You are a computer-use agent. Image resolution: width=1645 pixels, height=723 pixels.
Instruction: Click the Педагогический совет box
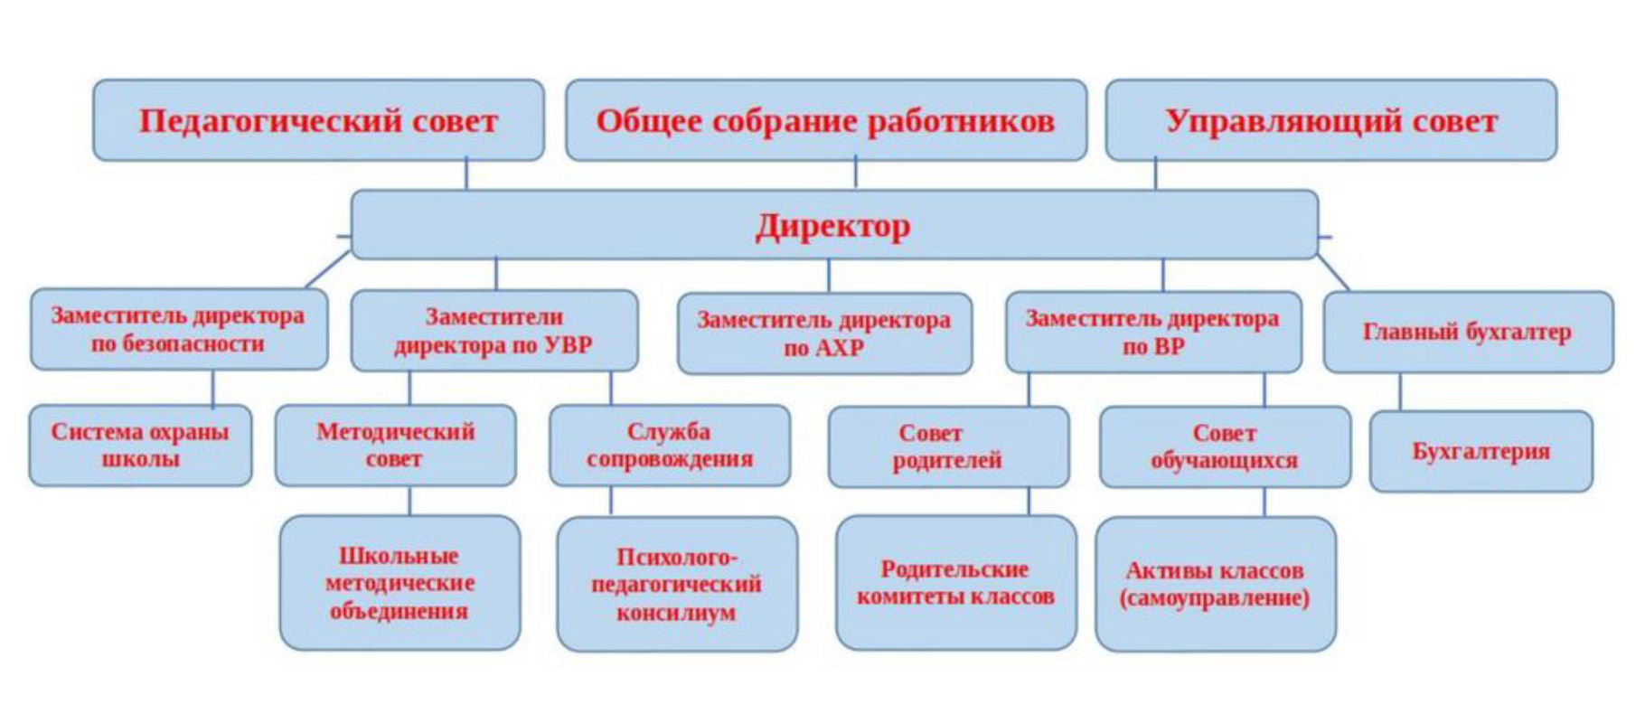coord(318,120)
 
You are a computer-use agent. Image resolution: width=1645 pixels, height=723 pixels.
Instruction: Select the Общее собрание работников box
coord(825,120)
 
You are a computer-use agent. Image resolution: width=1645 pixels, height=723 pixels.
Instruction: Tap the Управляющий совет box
coord(1330,120)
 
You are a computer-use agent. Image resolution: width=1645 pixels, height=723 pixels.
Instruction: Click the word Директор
coord(832,226)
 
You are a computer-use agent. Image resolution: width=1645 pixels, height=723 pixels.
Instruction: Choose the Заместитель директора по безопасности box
coord(178,330)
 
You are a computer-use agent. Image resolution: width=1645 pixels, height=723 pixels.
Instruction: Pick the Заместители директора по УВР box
coord(493,330)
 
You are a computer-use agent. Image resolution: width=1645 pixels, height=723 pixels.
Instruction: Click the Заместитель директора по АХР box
coord(824,333)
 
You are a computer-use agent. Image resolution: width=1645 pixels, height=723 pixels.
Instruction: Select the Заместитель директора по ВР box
coord(1152,332)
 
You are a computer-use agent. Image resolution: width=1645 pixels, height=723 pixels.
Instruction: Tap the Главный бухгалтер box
coord(1467,332)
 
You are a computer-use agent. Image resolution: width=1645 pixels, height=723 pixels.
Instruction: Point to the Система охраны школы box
coord(140,445)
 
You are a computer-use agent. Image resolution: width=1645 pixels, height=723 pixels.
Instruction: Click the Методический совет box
coord(395,445)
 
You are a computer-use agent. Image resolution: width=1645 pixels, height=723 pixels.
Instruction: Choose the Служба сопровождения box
coord(669,445)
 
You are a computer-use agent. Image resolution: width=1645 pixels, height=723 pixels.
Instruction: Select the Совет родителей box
coord(947,446)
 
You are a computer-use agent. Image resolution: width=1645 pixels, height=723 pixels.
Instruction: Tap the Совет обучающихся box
coord(1224,446)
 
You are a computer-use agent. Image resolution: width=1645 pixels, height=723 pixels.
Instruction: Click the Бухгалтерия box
coord(1480,451)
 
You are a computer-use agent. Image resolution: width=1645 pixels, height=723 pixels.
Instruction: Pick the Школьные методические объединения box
coord(399,583)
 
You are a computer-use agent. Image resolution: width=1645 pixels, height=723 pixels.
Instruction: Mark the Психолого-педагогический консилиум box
coord(676,584)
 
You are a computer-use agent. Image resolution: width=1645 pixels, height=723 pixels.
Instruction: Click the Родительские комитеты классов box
coord(955,583)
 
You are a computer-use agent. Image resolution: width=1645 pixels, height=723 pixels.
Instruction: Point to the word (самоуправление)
coord(1214,598)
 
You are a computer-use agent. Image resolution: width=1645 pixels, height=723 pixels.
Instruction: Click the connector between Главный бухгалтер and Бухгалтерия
coord(1400,392)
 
